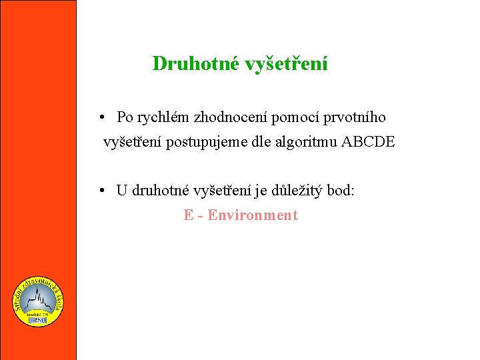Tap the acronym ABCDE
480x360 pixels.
coord(368,141)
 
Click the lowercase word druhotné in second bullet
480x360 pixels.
coord(161,191)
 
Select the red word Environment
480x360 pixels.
coord(253,215)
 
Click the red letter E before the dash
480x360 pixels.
coord(189,215)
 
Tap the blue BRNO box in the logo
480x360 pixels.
coord(38,321)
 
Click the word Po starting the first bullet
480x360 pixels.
coord(125,118)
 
